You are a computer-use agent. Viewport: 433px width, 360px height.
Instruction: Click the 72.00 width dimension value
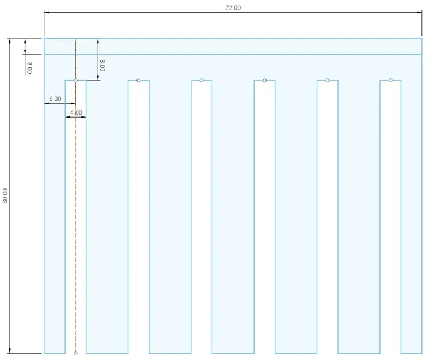tap(233, 8)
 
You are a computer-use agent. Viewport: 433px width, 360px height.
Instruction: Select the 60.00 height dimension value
tap(6, 196)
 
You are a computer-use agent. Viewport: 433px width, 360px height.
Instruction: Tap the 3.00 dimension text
tap(29, 68)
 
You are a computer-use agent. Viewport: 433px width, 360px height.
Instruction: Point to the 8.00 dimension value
tap(102, 65)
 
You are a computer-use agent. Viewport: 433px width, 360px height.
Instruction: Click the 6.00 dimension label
tap(55, 99)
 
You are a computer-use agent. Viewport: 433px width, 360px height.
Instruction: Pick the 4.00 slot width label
tap(76, 112)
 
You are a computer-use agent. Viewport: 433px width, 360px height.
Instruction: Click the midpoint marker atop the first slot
tap(75, 81)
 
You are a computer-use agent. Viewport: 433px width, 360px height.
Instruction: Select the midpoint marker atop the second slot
tap(139, 81)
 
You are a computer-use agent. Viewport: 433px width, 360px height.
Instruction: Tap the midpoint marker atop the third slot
tap(202, 81)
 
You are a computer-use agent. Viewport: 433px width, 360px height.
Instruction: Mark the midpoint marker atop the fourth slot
tap(264, 81)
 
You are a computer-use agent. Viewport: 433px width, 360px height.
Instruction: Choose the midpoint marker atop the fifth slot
tap(328, 81)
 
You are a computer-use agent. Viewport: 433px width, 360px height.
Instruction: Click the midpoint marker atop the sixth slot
tap(390, 81)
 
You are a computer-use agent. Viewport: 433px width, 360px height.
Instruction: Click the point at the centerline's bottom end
tap(75, 353)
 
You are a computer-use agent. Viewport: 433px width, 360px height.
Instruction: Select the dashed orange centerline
tap(75, 230)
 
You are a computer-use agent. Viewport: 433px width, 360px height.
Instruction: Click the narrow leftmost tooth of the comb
tap(55, 230)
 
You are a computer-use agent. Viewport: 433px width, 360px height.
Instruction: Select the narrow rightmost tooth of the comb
tap(412, 230)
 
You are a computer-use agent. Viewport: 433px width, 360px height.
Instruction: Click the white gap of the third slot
tap(202, 230)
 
